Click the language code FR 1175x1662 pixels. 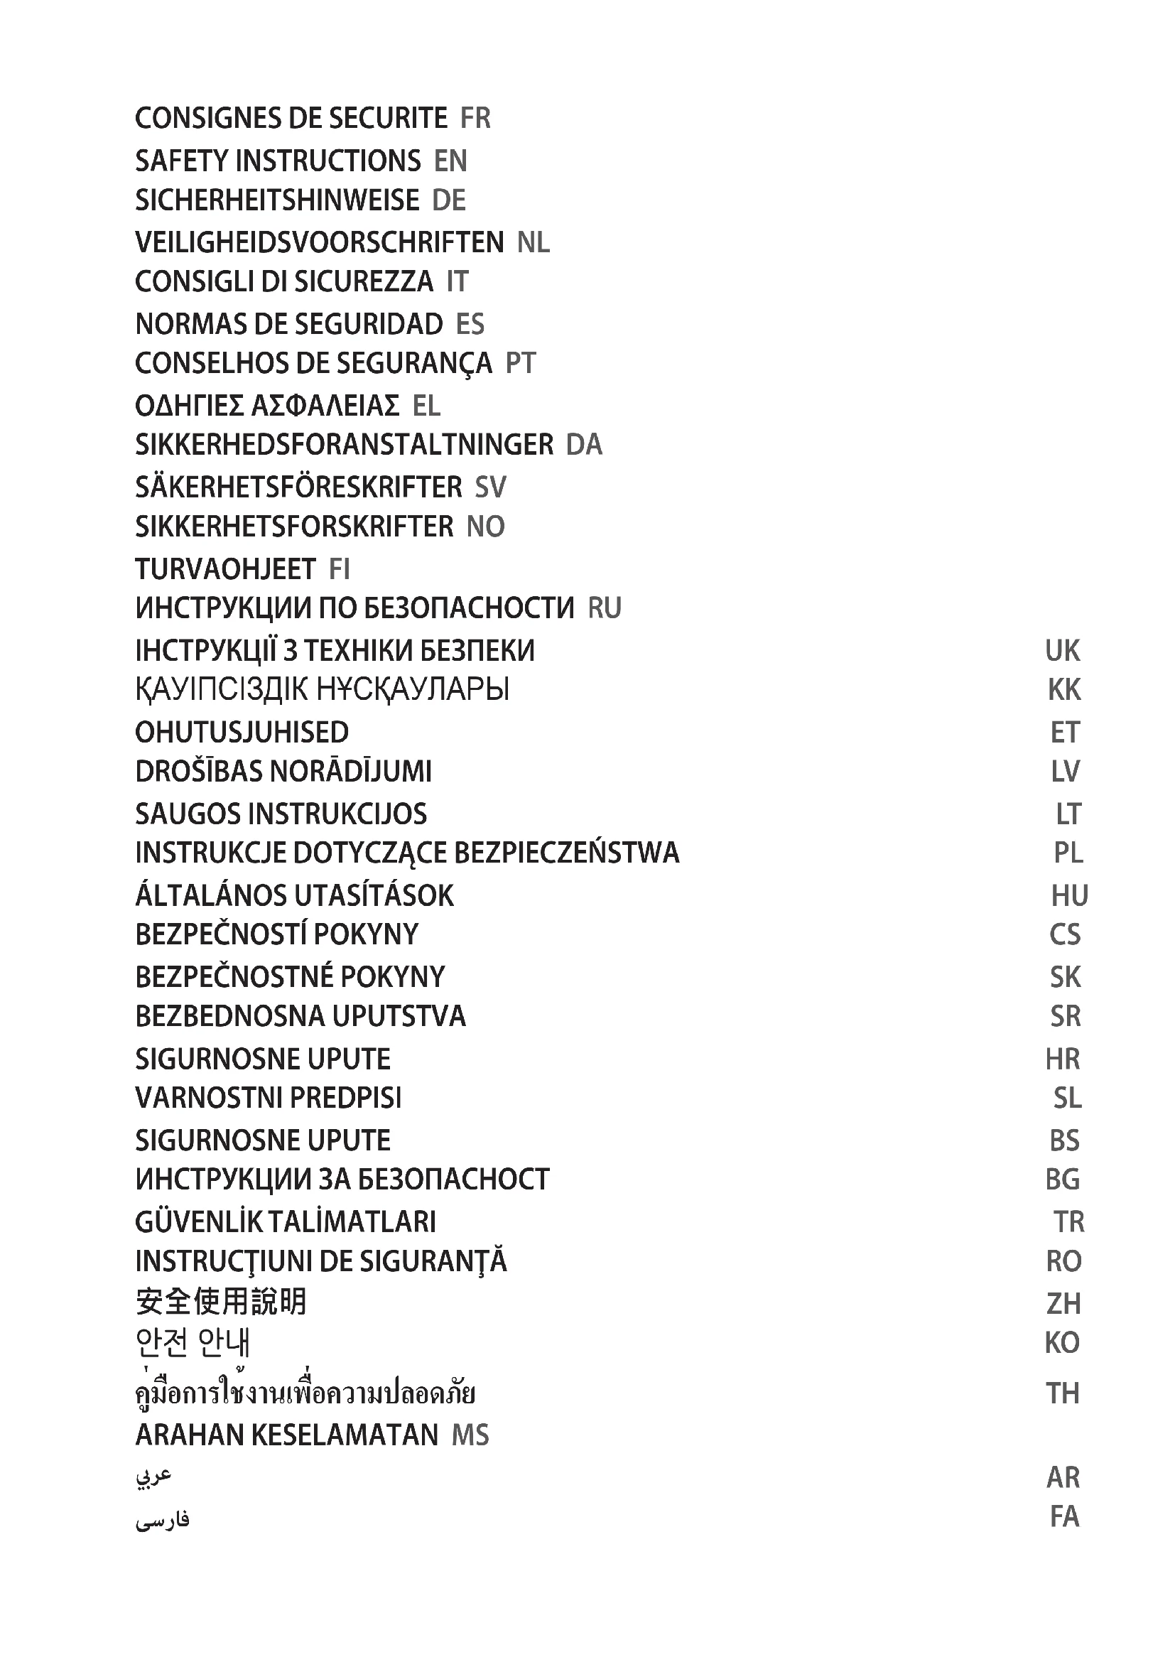point(475,118)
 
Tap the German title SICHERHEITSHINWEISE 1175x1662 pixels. point(277,200)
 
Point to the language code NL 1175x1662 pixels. point(534,242)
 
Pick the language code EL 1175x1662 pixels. point(426,406)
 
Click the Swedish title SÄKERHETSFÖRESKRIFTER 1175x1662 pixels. point(298,487)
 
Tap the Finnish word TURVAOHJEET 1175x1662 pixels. point(225,570)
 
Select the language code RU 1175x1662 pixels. point(605,608)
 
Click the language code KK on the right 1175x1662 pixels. point(1063,690)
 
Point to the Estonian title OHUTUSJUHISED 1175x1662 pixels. point(242,733)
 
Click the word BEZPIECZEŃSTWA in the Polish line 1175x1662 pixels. point(566,853)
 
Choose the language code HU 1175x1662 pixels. point(1068,896)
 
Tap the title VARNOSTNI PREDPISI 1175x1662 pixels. point(268,1098)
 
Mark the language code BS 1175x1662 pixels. point(1064,1141)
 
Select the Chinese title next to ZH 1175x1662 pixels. point(221,1302)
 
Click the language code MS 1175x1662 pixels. point(470,1435)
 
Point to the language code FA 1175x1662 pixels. point(1064,1516)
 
